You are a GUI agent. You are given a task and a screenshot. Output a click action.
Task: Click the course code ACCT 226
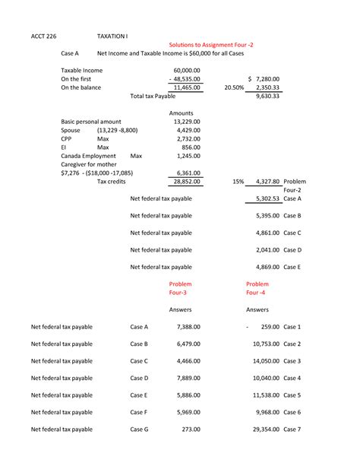(46, 35)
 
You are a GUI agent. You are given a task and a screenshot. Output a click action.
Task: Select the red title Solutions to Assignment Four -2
(206, 45)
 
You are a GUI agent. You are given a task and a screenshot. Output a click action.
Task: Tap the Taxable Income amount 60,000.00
(188, 70)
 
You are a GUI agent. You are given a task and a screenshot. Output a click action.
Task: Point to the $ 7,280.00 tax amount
(264, 79)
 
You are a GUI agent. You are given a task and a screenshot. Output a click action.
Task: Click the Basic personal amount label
(90, 122)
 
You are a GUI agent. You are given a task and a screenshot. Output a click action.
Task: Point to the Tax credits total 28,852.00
(187, 182)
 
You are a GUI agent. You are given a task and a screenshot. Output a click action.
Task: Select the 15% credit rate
(238, 182)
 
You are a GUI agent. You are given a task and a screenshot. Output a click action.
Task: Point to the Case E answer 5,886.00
(188, 395)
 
